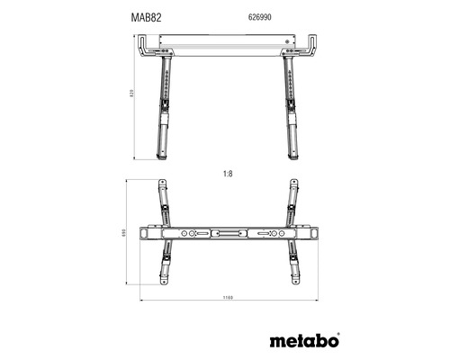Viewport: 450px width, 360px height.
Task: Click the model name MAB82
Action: [133, 16]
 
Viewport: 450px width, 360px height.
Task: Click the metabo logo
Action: [303, 341]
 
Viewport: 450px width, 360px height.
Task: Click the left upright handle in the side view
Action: [144, 45]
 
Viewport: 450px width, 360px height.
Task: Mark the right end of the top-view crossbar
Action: [311, 234]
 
